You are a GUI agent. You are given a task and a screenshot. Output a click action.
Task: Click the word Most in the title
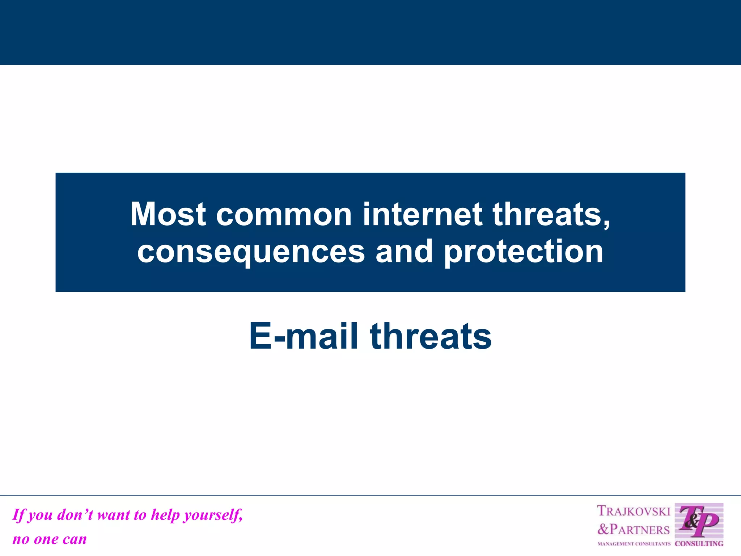point(168,214)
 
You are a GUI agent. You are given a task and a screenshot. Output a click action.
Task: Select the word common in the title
point(284,214)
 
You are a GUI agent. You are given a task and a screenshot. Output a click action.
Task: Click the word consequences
point(251,252)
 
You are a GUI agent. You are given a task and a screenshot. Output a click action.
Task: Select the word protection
point(524,252)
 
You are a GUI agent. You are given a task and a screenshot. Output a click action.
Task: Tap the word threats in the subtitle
point(431,336)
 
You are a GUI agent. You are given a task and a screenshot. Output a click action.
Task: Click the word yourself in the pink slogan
point(213,515)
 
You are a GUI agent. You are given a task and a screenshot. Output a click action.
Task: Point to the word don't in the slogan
point(75,515)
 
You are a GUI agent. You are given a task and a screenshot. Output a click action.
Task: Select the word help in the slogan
point(165,515)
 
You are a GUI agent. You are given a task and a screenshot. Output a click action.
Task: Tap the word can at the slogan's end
point(75,539)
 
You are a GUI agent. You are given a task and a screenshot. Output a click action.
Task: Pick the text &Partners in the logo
point(633,529)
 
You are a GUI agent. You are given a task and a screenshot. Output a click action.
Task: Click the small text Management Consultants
point(634,544)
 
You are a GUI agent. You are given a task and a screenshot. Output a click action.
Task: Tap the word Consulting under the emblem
point(699,543)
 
